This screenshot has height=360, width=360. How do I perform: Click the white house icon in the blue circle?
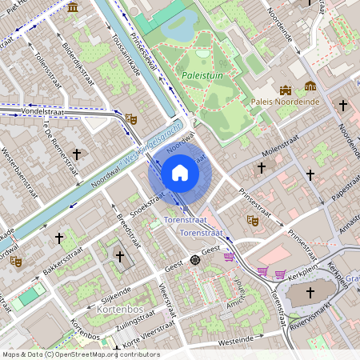coord(180,173)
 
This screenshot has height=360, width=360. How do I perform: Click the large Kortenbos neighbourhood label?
coord(119,308)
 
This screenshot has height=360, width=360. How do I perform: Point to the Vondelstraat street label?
coord(30,113)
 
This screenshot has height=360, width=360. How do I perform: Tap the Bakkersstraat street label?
coord(62,265)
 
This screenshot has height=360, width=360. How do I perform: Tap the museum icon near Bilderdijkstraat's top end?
coord(73,7)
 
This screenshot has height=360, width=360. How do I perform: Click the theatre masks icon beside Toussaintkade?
coord(131,119)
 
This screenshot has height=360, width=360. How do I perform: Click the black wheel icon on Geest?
coord(194,260)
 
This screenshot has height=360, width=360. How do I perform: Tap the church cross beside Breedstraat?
coord(120,256)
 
